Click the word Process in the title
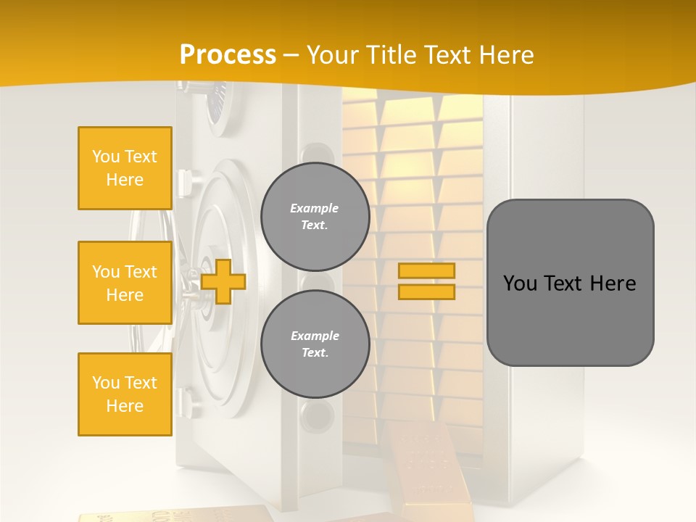[x=228, y=54]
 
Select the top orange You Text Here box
[x=125, y=168]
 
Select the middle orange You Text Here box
[x=125, y=283]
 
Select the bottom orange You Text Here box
[x=125, y=394]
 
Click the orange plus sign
[x=223, y=282]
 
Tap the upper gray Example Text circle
[x=315, y=217]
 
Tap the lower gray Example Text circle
[x=315, y=344]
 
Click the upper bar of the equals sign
[x=427, y=271]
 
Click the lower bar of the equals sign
[x=427, y=292]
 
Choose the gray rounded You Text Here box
[x=570, y=283]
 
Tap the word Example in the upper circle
[x=315, y=208]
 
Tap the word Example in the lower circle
[x=315, y=336]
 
